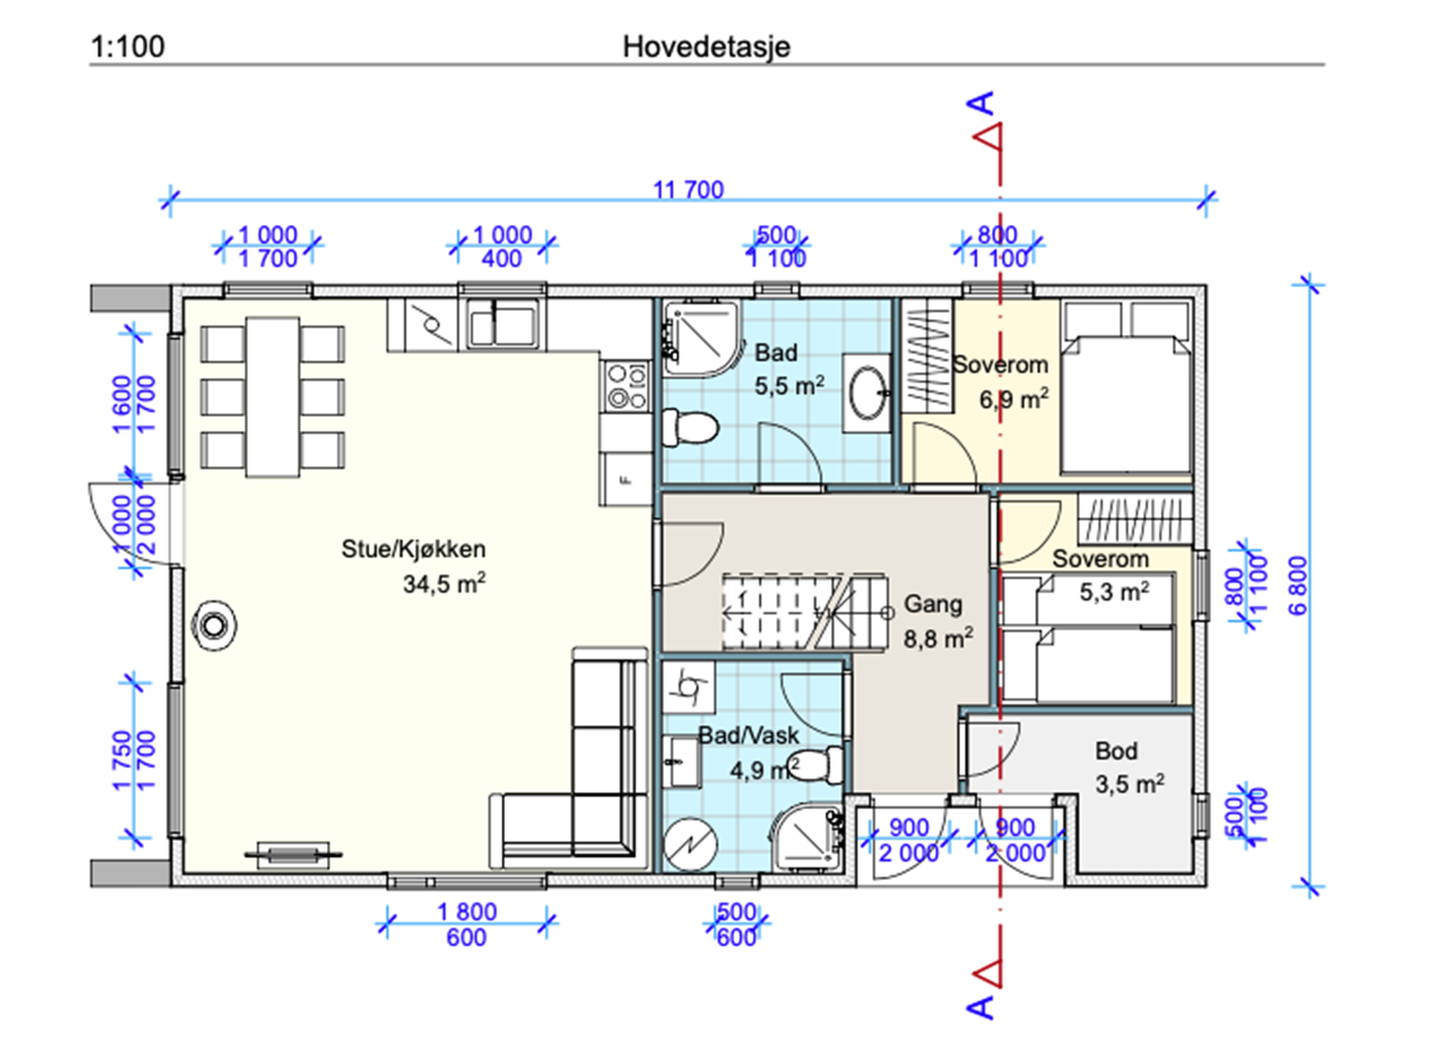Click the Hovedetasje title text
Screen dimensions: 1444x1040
pos(706,47)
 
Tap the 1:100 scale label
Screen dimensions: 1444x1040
pos(127,46)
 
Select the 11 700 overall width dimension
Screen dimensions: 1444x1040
pos(689,190)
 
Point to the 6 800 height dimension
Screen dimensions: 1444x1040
pos(1300,585)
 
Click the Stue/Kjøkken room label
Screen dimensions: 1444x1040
pos(413,549)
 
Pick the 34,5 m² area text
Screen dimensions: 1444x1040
pos(444,583)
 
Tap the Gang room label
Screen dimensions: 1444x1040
pos(933,604)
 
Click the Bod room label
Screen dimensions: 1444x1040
pos(1116,750)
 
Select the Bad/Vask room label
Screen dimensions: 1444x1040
pos(748,735)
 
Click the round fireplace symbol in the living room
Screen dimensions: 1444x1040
pos(214,626)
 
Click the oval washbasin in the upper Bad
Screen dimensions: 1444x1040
pos(867,392)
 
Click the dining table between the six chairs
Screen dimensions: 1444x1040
pos(273,397)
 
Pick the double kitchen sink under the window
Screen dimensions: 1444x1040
pos(503,324)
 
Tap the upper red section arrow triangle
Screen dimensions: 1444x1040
pos(988,137)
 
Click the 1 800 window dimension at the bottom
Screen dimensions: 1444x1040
pos(467,912)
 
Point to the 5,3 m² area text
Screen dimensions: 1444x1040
pos(1115,591)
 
